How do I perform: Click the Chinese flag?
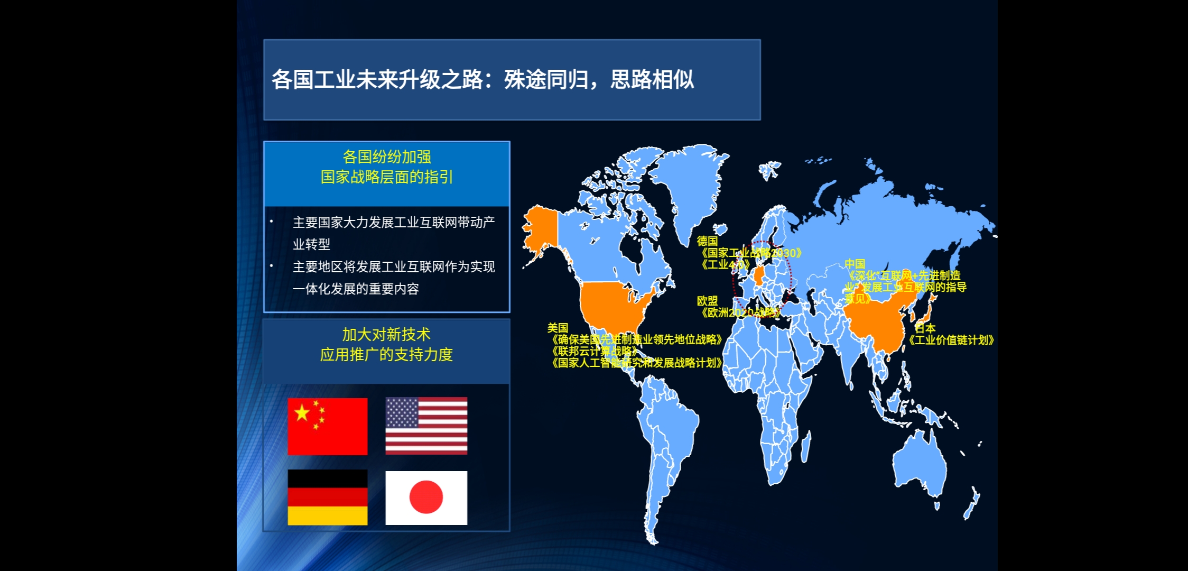tap(327, 426)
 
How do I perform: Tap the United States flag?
tap(426, 426)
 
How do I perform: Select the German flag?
tap(327, 497)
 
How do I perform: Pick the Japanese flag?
tap(426, 498)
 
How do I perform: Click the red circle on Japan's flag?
tap(426, 497)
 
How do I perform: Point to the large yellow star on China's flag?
tap(302, 412)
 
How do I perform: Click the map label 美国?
tap(558, 328)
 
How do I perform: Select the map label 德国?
tap(707, 241)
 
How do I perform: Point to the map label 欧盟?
tap(707, 301)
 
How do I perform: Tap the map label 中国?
tap(855, 264)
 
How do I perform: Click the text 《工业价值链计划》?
tap(951, 340)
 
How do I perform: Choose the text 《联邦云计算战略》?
tap(595, 351)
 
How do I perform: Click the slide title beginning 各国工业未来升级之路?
tap(482, 80)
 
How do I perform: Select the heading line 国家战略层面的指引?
tap(386, 177)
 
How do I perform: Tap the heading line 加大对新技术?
tap(386, 335)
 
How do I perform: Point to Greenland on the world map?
tap(687, 185)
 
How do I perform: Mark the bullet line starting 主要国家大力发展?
tap(394, 223)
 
